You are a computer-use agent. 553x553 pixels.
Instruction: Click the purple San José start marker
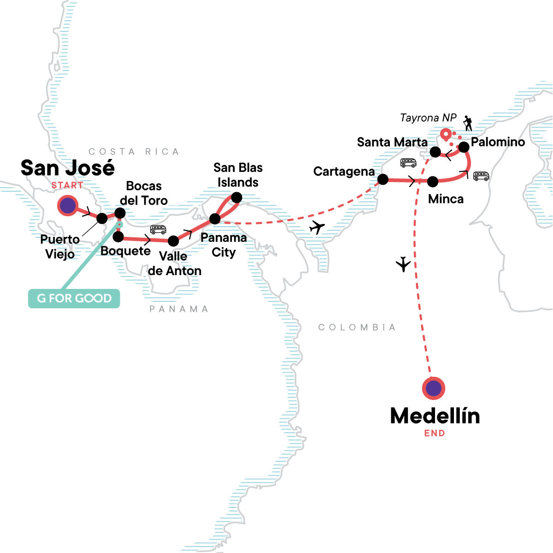click(68, 206)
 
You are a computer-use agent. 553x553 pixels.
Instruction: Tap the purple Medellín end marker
click(433, 388)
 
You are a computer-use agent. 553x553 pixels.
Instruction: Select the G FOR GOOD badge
click(74, 298)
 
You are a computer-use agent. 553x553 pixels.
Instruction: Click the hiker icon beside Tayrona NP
click(468, 123)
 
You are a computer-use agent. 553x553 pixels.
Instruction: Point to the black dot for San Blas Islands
click(236, 198)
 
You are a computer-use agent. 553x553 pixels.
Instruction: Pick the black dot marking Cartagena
click(382, 179)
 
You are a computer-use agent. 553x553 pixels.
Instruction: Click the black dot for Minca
click(433, 182)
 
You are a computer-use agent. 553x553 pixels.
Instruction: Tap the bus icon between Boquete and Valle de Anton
click(158, 229)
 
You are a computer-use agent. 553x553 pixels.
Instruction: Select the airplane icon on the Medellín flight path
click(403, 264)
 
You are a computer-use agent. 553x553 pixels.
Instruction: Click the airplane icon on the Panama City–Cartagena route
click(317, 227)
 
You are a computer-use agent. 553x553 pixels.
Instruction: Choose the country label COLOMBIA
click(357, 327)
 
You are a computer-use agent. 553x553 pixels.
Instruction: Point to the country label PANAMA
click(179, 309)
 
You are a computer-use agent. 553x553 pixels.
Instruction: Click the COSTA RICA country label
click(134, 152)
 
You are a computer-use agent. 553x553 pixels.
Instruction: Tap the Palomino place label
click(498, 142)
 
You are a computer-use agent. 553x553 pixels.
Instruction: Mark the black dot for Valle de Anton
click(173, 241)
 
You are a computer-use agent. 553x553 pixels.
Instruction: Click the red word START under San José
click(67, 185)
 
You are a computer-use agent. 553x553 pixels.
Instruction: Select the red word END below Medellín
click(435, 433)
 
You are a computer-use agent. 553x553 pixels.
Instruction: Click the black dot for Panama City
click(215, 218)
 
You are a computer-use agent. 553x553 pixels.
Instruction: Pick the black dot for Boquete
click(118, 237)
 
